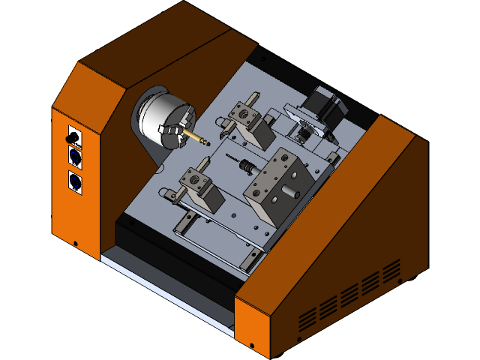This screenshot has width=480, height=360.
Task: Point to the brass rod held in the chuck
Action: (x=196, y=138)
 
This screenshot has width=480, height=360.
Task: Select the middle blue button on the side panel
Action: (x=74, y=156)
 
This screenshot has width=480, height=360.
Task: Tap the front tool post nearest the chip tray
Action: (x=199, y=187)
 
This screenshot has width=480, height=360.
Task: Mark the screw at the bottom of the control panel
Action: (x=75, y=243)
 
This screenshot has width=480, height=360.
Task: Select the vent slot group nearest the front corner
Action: (x=307, y=319)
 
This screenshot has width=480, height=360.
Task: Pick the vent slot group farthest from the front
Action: (x=391, y=269)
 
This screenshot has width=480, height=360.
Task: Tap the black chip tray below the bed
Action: (x=172, y=255)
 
